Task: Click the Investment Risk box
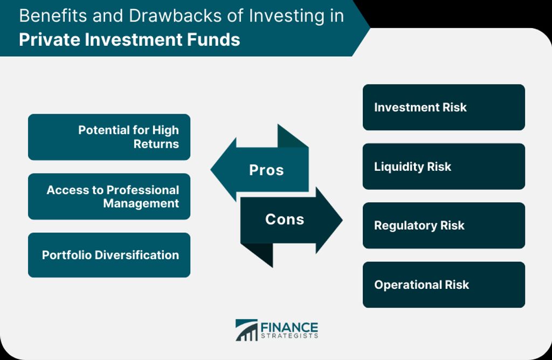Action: pyautogui.click(x=444, y=107)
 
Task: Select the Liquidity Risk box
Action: pyautogui.click(x=444, y=167)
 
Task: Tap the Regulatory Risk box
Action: pyautogui.click(x=444, y=226)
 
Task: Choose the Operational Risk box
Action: pyautogui.click(x=444, y=285)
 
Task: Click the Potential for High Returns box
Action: pyautogui.click(x=109, y=137)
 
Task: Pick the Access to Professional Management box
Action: pyautogui.click(x=109, y=196)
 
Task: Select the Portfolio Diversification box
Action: pyautogui.click(x=109, y=255)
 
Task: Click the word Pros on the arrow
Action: pyautogui.click(x=266, y=170)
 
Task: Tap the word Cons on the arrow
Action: pyautogui.click(x=285, y=219)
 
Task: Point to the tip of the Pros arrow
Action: pyautogui.click(x=211, y=169)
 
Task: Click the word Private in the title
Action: pyautogui.click(x=50, y=39)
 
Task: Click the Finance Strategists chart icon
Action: pyautogui.click(x=247, y=330)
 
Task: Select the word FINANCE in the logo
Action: pyautogui.click(x=289, y=327)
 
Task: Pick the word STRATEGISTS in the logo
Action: pyautogui.click(x=289, y=336)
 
